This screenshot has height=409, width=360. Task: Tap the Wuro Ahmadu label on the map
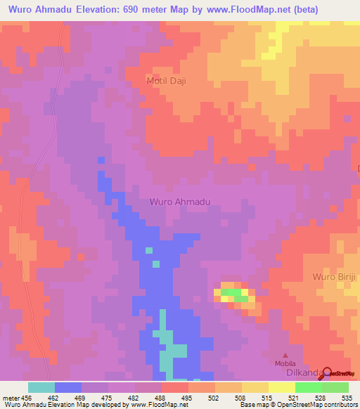click(180, 202)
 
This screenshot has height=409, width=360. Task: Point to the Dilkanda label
click(294, 375)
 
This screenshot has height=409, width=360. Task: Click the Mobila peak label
click(285, 364)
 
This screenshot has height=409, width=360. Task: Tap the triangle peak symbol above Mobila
click(285, 355)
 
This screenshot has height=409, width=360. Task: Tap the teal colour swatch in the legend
click(41, 387)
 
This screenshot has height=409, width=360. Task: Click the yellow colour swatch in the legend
click(255, 387)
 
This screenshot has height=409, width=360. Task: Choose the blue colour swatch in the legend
click(68, 387)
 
